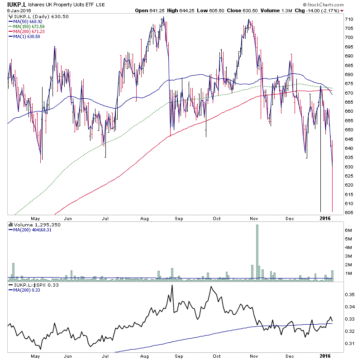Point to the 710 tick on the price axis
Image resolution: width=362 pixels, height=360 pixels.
point(349,19)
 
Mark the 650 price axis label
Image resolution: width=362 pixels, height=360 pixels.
point(349,130)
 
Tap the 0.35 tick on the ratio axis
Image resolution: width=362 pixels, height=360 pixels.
point(349,294)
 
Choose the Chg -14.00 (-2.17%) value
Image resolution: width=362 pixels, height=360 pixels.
point(323,10)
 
